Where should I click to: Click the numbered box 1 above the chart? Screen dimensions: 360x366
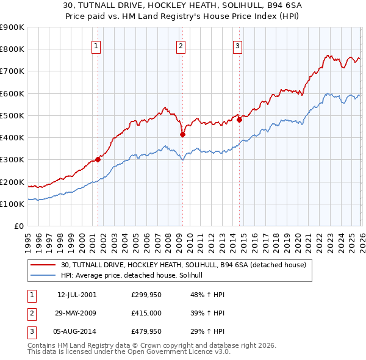click(x=97, y=45)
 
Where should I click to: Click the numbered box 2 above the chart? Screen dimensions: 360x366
click(x=181, y=45)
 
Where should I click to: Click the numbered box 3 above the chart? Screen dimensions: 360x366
click(x=237, y=45)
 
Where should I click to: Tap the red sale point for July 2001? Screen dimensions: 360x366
click(x=98, y=160)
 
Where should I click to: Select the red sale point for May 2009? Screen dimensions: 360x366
click(x=182, y=134)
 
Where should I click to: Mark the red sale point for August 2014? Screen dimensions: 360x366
click(x=239, y=120)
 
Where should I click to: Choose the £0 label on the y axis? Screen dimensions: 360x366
click(x=18, y=226)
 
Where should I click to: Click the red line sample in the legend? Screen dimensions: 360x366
click(x=43, y=265)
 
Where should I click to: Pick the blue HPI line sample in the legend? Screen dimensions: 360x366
click(x=43, y=275)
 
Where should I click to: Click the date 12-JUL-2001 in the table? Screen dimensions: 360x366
click(x=77, y=295)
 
